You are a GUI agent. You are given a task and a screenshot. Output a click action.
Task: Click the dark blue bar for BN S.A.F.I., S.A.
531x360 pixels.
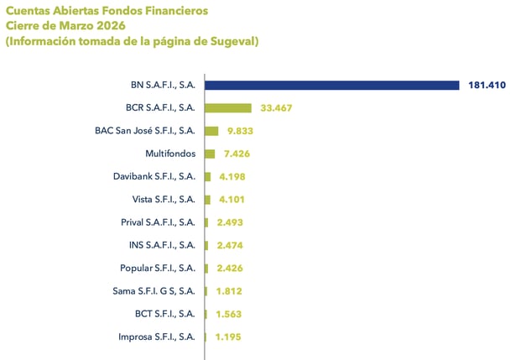pyautogui.click(x=332, y=85)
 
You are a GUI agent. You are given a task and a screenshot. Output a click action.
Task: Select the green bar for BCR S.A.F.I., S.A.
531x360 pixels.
pyautogui.click(x=228, y=108)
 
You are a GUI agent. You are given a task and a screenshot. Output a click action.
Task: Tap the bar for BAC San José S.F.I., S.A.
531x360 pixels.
pyautogui.click(x=211, y=131)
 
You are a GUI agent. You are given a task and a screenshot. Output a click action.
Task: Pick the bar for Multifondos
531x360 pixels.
pyautogui.click(x=210, y=154)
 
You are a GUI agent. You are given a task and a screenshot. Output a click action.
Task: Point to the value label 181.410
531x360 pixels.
pyautogui.click(x=488, y=86)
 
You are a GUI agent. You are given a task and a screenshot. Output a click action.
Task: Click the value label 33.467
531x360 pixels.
pyautogui.click(x=276, y=108)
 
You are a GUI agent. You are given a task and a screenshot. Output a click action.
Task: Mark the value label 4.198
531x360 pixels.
pyautogui.click(x=231, y=177)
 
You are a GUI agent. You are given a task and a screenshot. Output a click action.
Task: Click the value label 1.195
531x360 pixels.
pyautogui.click(x=228, y=337)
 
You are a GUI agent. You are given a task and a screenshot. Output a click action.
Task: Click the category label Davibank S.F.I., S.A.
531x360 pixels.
pyautogui.click(x=154, y=177)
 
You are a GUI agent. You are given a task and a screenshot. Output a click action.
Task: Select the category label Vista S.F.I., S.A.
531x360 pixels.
pyautogui.click(x=164, y=200)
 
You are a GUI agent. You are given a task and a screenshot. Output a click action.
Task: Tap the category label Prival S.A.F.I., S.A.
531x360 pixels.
pyautogui.click(x=158, y=222)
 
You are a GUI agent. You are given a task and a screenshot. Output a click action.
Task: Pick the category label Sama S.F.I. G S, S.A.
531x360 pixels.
pyautogui.click(x=154, y=291)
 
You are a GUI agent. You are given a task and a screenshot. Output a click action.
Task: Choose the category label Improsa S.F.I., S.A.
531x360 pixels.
pyautogui.click(x=157, y=337)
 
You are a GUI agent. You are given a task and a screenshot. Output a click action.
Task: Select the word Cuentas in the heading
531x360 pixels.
pyautogui.click(x=29, y=11)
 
